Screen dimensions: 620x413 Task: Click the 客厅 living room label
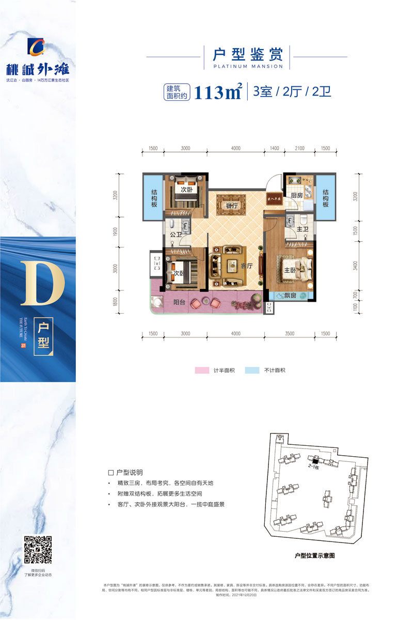tap(246, 266)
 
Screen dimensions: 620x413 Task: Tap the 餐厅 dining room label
tap(231, 205)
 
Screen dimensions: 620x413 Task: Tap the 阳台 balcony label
tap(179, 303)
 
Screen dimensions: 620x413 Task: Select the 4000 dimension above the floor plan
tap(235, 148)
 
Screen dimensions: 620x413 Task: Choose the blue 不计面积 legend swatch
tap(252, 370)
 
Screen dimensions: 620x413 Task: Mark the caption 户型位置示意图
tap(314, 556)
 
